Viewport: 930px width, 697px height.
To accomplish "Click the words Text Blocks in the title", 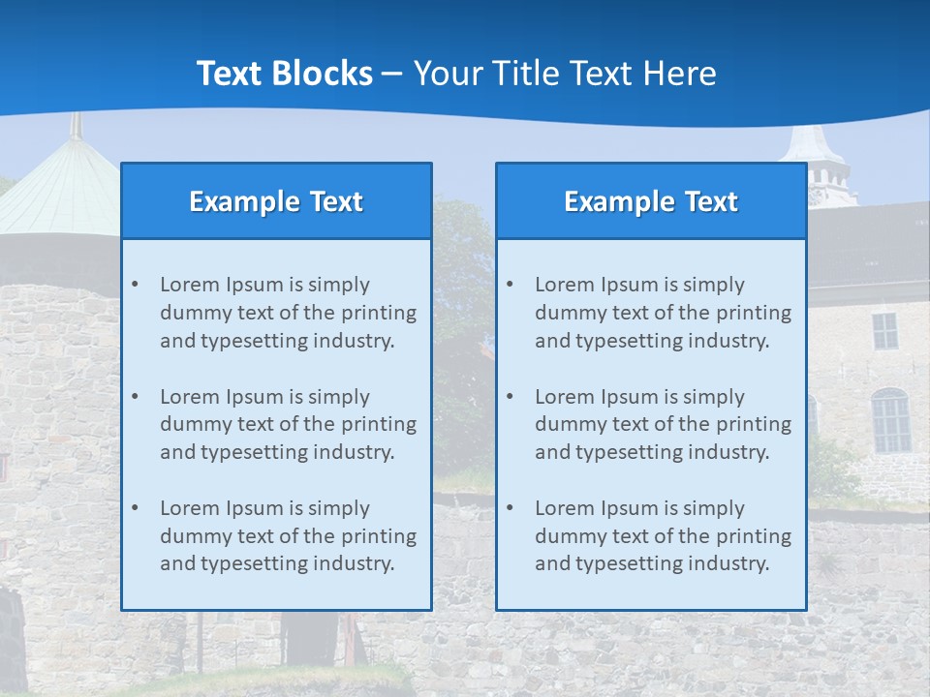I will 285,74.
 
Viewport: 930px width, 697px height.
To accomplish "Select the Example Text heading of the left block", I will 276,201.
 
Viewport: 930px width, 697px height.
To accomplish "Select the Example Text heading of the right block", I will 651,201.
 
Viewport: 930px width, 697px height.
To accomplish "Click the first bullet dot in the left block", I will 135,285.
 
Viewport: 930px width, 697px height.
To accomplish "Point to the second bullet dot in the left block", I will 135,397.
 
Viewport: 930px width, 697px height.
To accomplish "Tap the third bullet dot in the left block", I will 135,508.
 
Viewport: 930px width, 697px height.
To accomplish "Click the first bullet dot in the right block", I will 510,285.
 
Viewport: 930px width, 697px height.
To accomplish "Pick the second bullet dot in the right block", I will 510,397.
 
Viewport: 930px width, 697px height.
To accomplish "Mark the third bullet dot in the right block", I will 510,508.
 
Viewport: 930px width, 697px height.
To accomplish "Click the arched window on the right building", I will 890,421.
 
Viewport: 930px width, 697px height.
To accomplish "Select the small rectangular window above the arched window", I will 884,331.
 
